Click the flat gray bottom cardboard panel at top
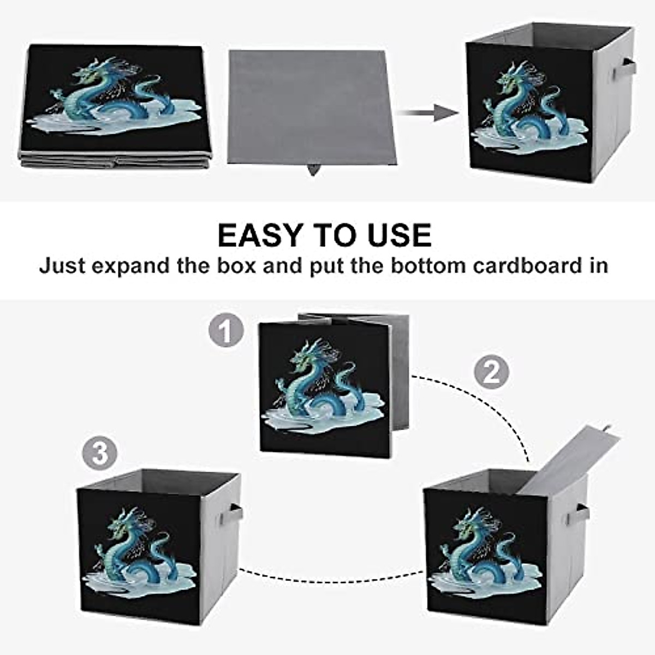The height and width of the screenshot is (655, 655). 309,106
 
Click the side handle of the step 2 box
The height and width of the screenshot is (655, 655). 582,514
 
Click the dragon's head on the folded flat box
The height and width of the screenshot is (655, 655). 88,75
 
